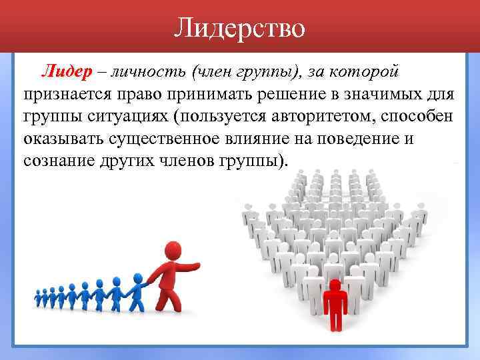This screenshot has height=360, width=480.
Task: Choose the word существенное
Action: (x=172, y=139)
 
